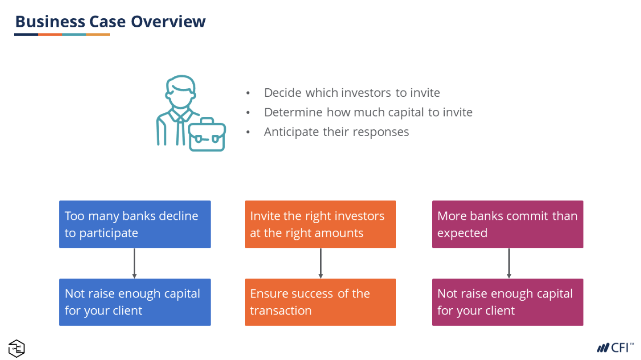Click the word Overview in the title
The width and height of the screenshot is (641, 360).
coord(168,21)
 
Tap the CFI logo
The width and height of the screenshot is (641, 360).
coord(615,348)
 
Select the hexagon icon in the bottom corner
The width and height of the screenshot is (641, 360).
coord(17,348)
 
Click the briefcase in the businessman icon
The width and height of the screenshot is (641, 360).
coord(207,135)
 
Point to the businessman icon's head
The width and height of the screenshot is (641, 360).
coord(181,91)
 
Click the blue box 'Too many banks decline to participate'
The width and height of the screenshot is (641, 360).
coord(135,224)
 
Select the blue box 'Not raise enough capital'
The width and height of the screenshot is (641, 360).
coord(135,302)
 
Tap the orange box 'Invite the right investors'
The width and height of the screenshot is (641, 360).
coord(320,224)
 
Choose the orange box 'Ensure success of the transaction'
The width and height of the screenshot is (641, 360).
coord(320,302)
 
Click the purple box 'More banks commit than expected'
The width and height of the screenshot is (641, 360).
coord(508,224)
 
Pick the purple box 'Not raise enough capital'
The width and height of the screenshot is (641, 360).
coord(508,302)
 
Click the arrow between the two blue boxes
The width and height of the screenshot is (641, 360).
coord(134,263)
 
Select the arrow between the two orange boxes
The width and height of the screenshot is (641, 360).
coord(320,263)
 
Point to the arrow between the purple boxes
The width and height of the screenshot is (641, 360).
coord(509,263)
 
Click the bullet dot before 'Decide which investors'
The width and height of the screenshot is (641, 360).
coord(248,93)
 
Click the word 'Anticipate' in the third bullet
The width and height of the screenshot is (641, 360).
coord(291,132)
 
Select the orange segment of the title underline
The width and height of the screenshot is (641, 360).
coord(50,34)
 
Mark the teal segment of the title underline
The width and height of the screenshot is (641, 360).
coord(74,34)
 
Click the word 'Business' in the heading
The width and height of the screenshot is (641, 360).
coord(50,21)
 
